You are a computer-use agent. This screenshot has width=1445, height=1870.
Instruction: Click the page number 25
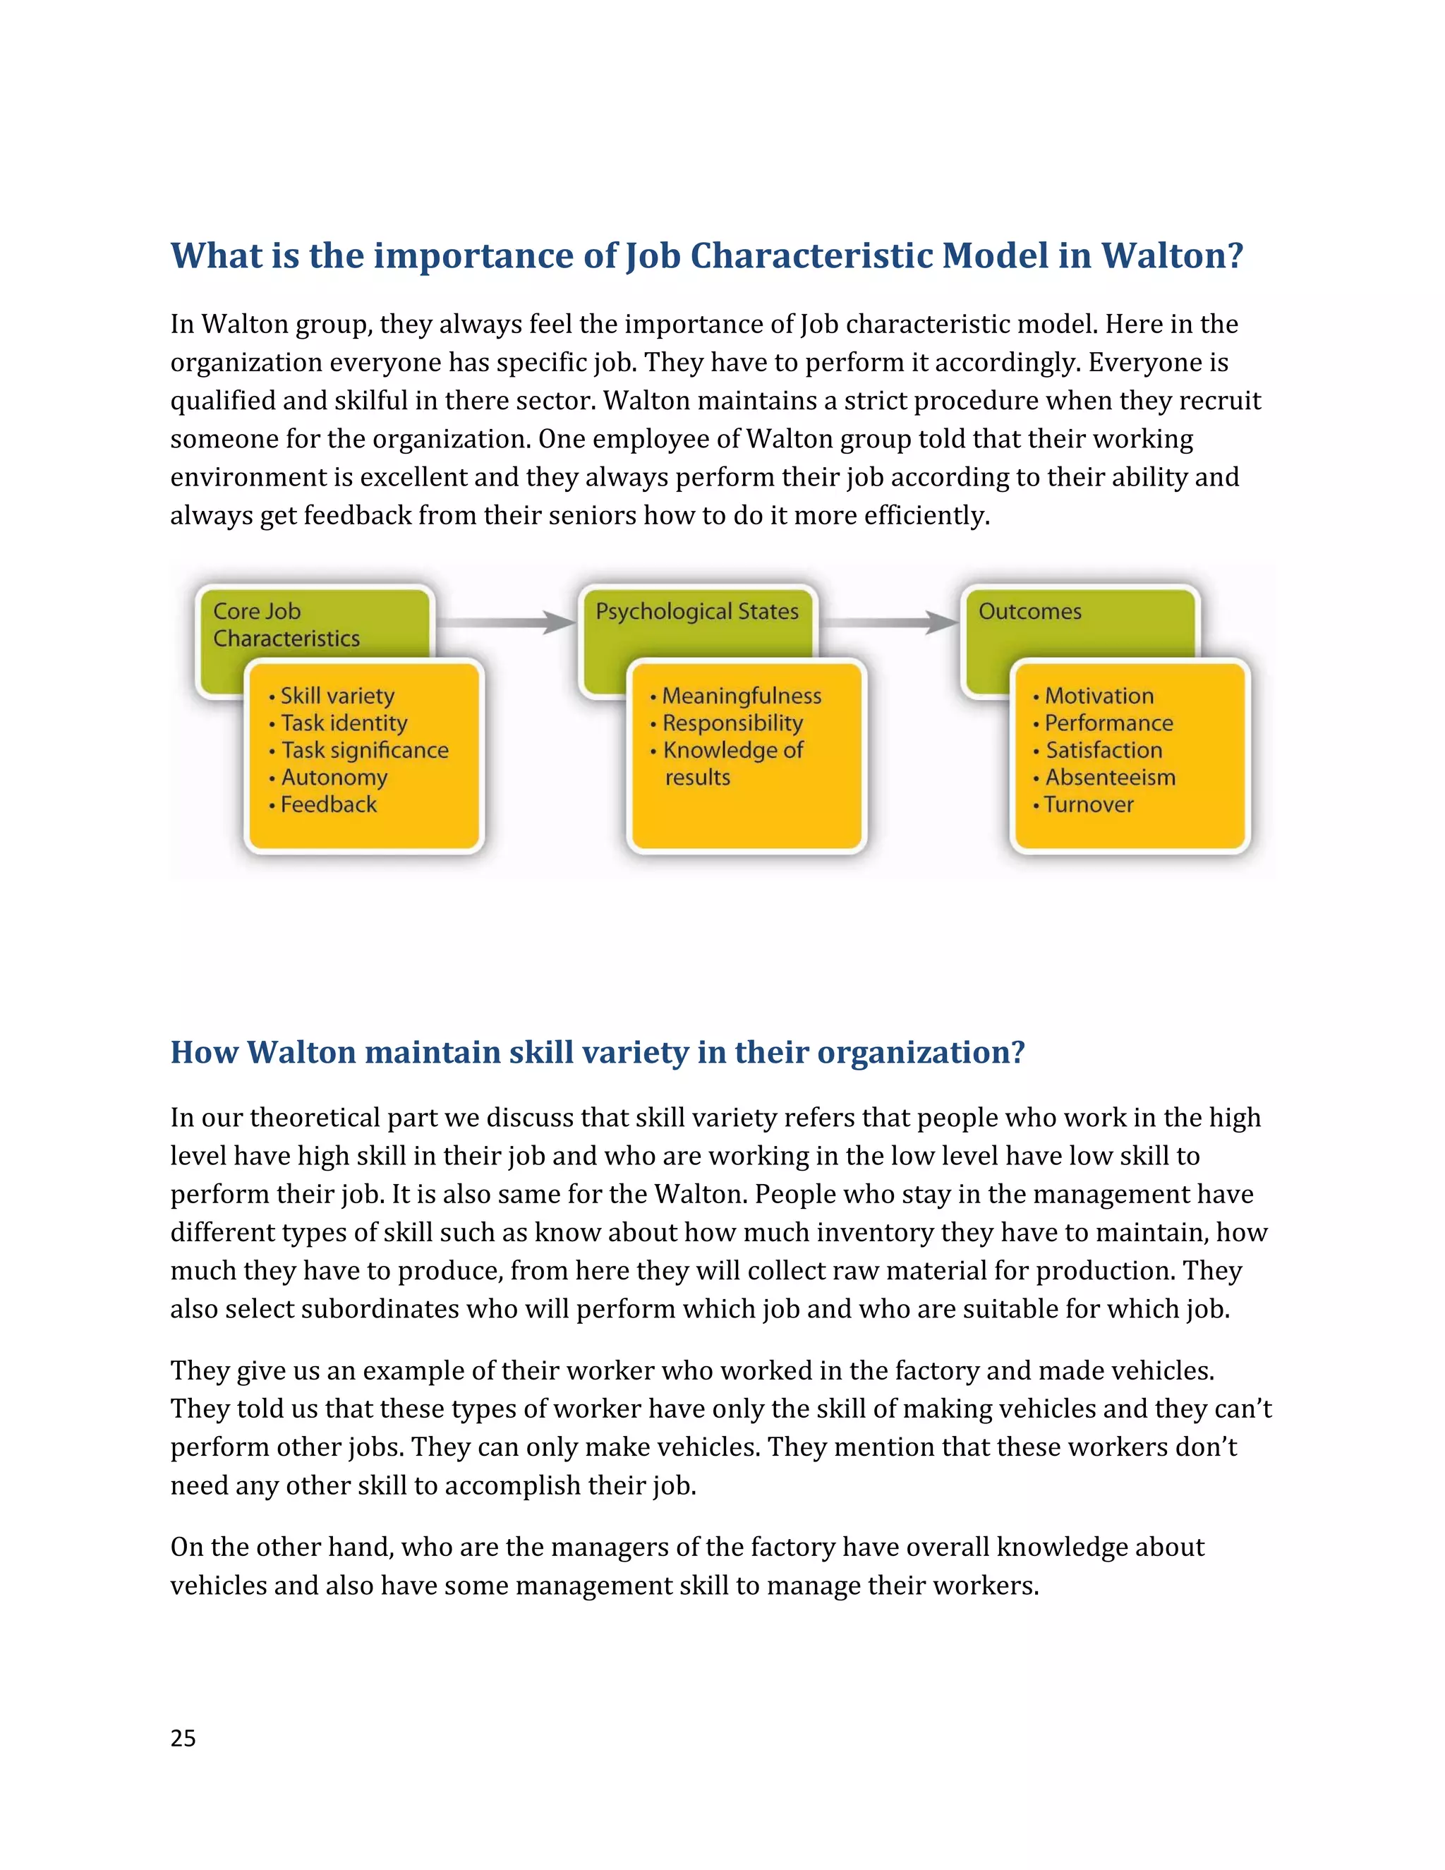point(183,1737)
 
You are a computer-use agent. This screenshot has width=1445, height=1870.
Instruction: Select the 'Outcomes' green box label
point(1030,611)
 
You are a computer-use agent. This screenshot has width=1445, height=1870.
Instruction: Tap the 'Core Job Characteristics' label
point(286,625)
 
